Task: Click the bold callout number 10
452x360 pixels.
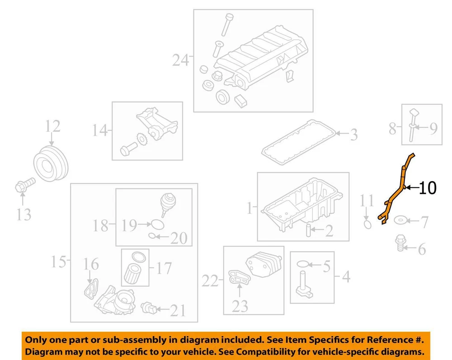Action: (x=428, y=188)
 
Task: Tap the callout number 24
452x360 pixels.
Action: (x=180, y=60)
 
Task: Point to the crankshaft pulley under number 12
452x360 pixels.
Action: (x=51, y=164)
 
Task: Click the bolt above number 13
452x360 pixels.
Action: (x=25, y=186)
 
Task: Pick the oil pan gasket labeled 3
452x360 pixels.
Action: (x=299, y=143)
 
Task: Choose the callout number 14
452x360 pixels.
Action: (x=100, y=130)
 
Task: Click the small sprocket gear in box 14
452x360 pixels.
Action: (x=141, y=140)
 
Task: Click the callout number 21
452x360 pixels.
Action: (x=178, y=310)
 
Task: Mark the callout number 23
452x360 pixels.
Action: (x=240, y=306)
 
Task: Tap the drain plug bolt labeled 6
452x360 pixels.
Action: (x=400, y=243)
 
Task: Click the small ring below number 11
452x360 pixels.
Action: (x=367, y=224)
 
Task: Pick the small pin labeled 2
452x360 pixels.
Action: (x=308, y=230)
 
